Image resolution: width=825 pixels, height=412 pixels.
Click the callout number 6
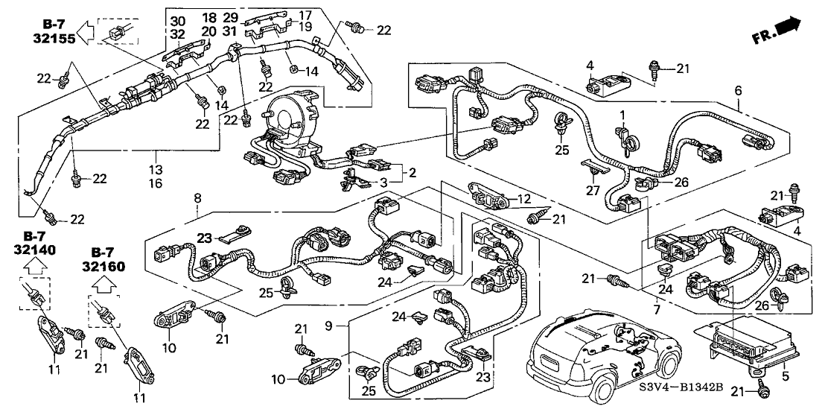[738, 91]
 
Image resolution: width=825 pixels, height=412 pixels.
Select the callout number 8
[197, 198]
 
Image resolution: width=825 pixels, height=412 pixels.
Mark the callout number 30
[176, 19]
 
